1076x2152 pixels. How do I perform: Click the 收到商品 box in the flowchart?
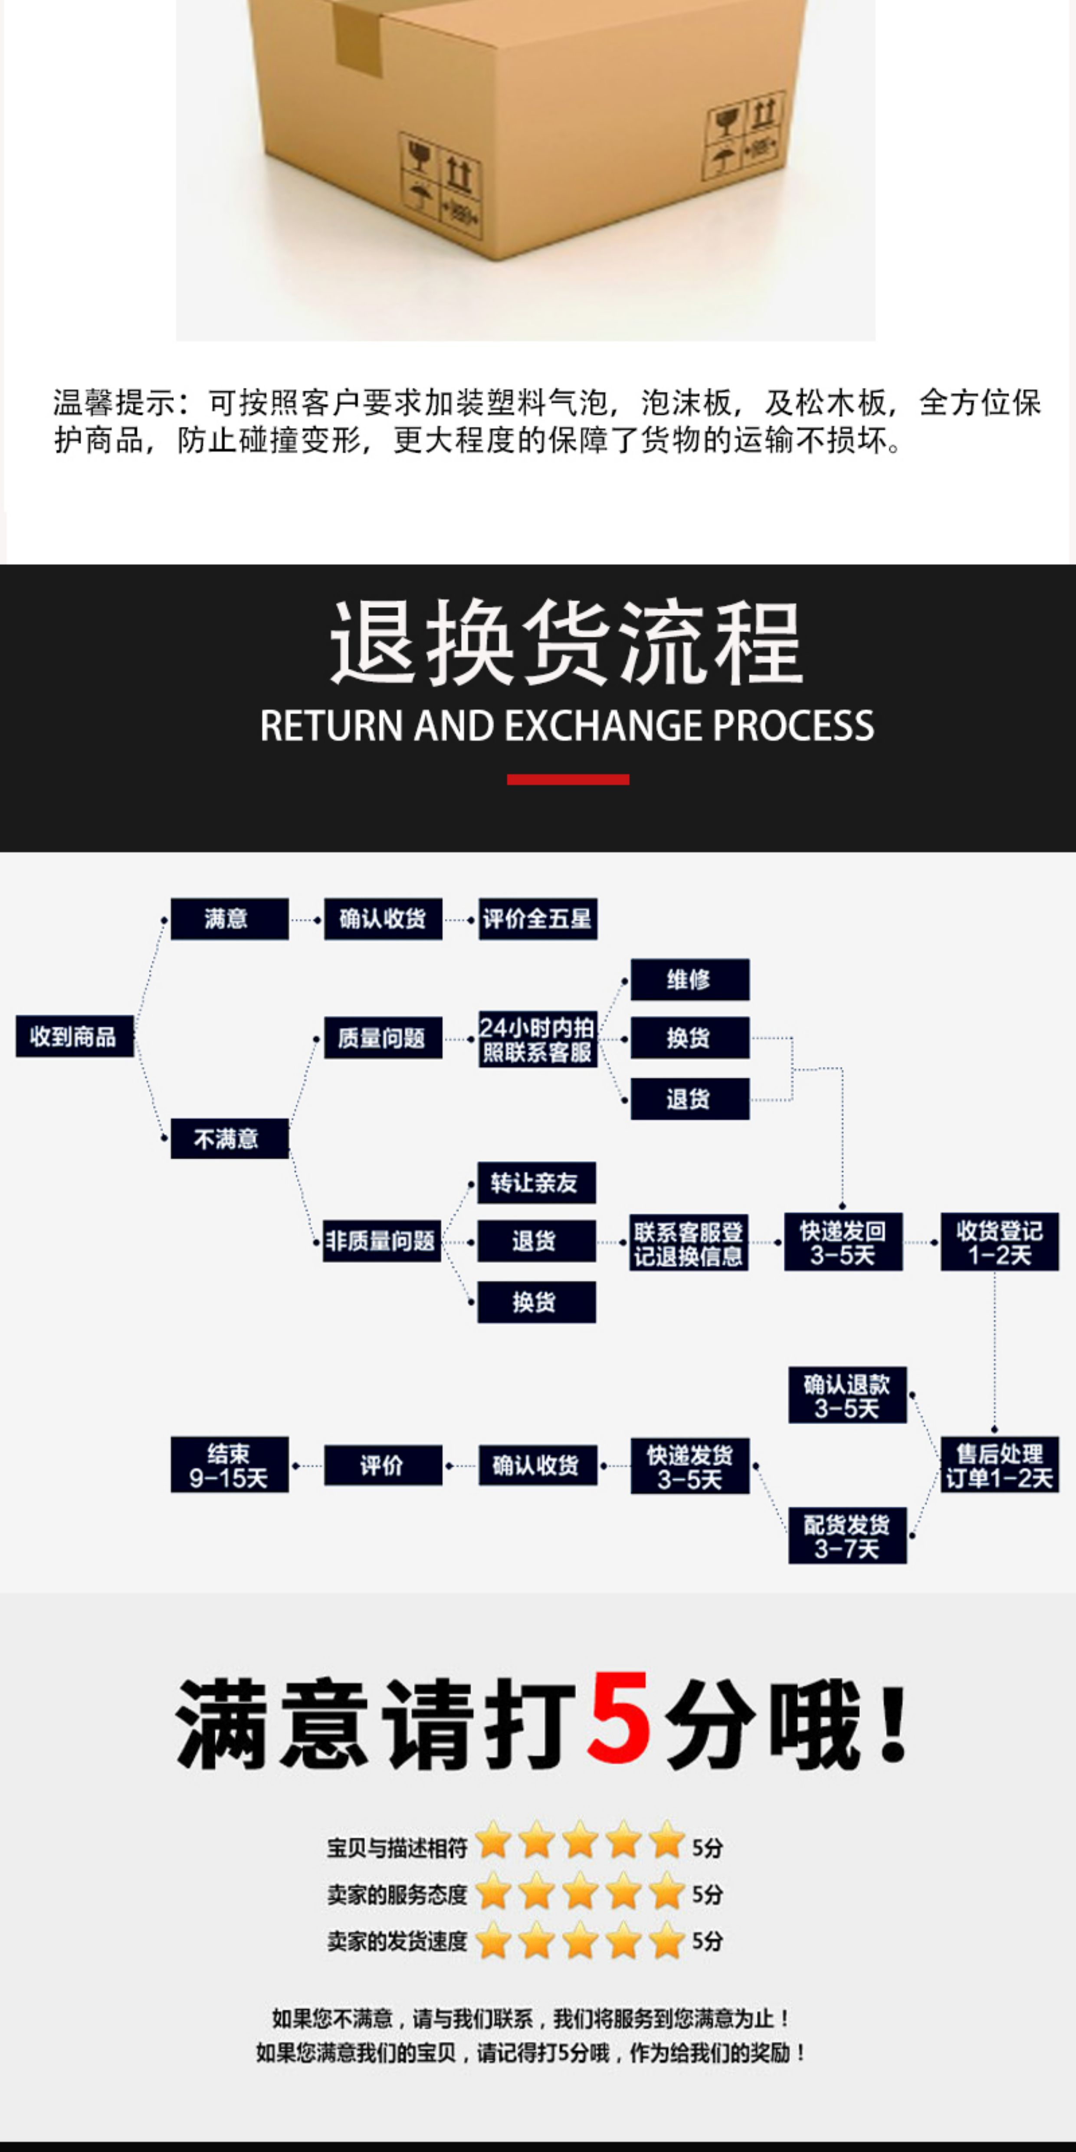point(74,1037)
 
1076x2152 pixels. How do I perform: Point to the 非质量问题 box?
point(382,1240)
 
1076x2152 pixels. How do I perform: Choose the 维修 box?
point(690,979)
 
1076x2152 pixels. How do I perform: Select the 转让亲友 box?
point(536,1182)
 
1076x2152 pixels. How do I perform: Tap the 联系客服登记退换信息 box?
point(689,1242)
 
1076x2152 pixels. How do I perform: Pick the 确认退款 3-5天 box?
point(847,1395)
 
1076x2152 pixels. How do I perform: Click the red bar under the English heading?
point(568,779)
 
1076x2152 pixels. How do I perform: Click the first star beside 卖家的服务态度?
point(494,1893)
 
